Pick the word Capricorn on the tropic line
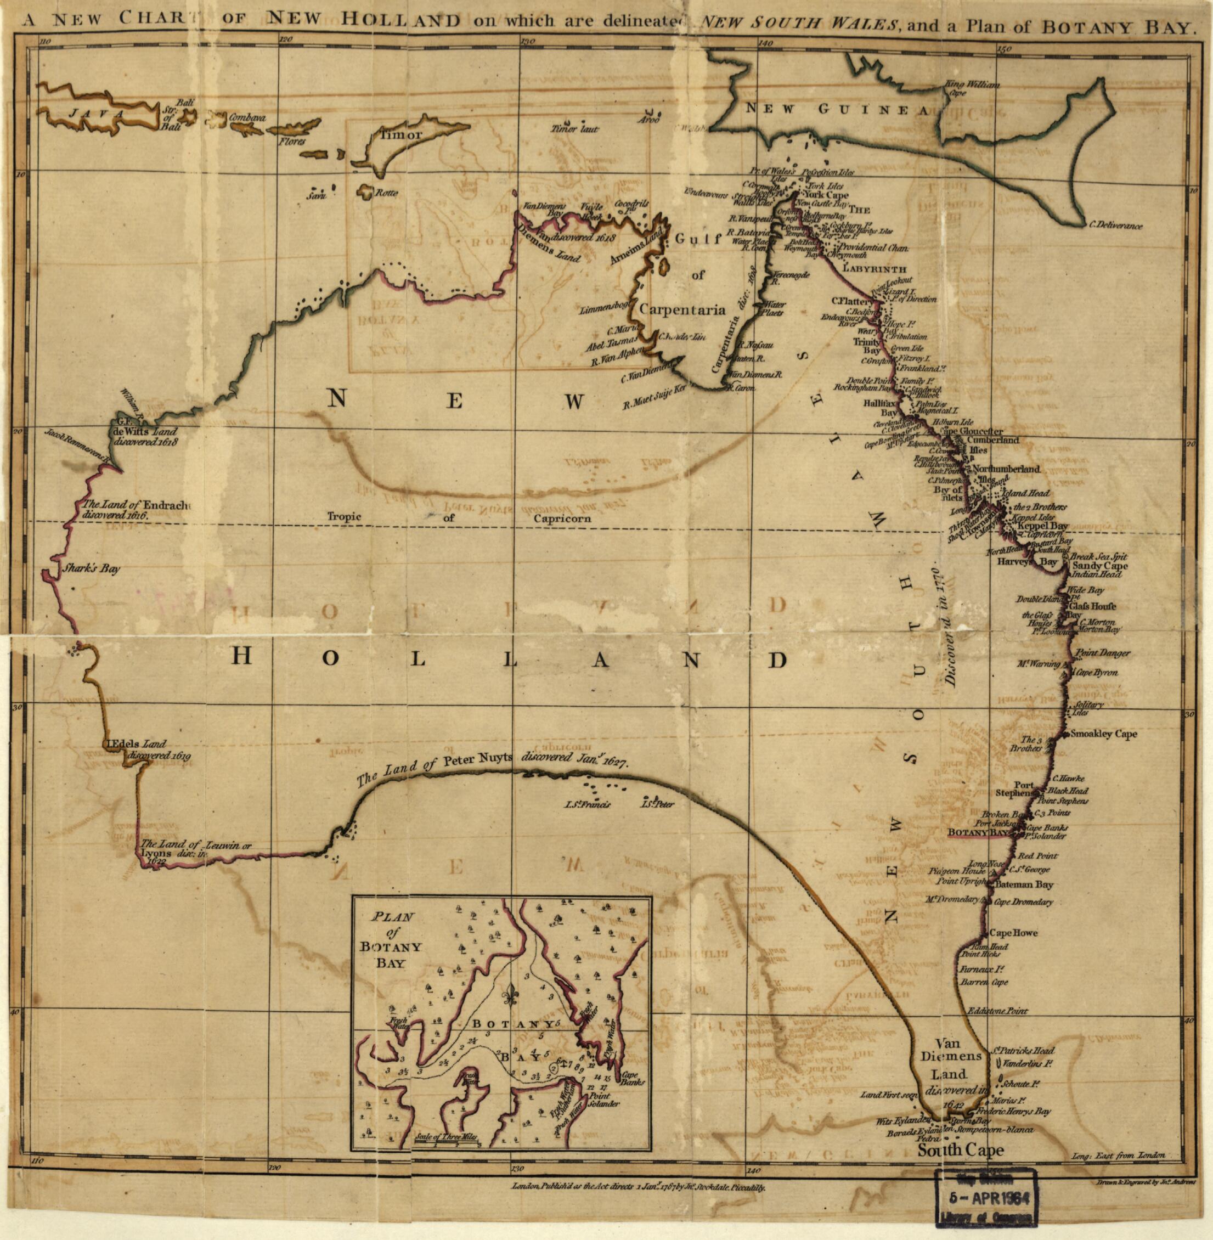[562, 518]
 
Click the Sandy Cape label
[1100, 566]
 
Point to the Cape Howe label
[1013, 932]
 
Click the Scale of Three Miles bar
[445, 1144]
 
